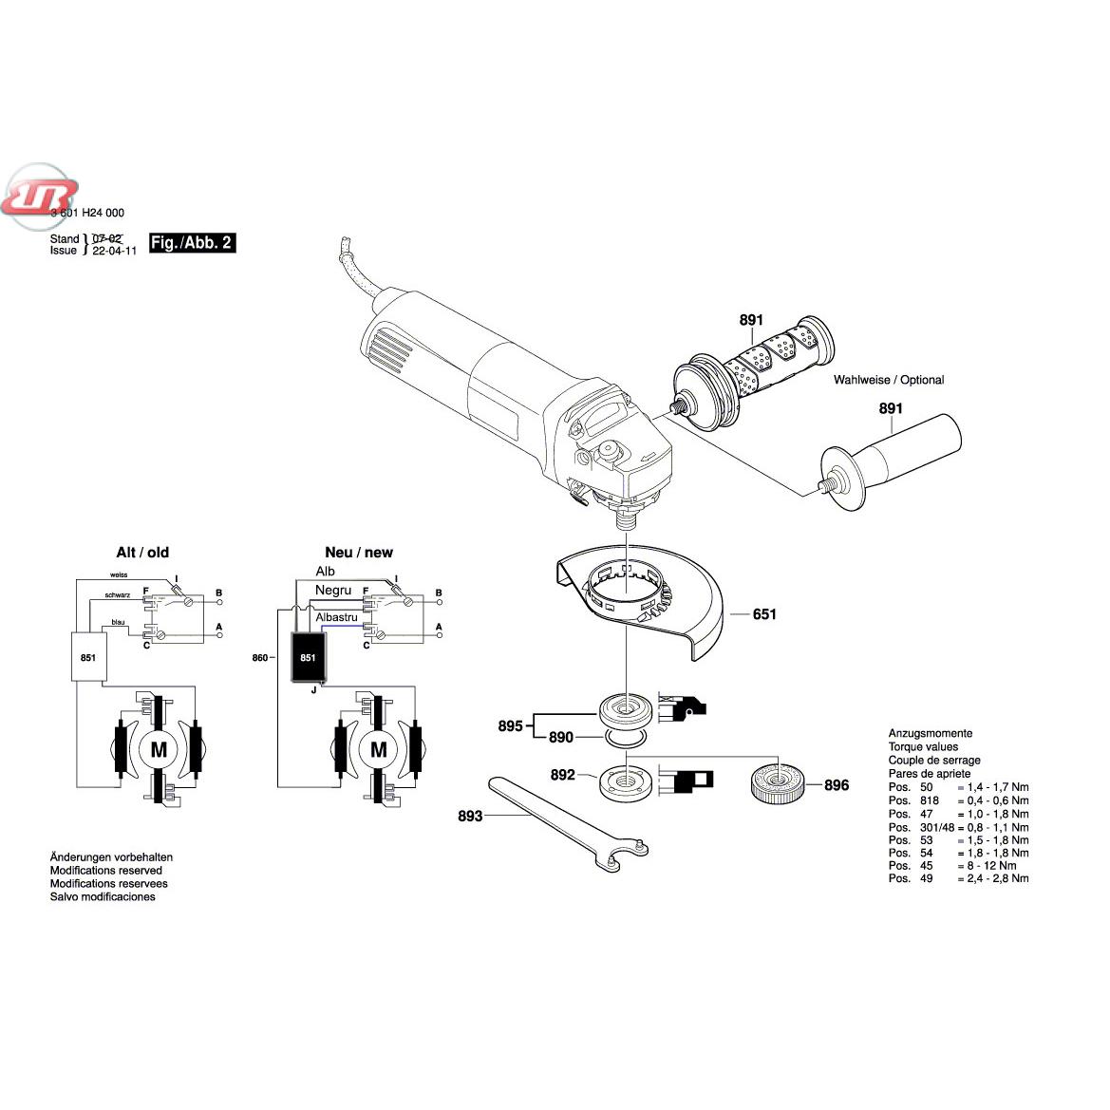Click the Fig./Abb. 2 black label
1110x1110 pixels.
pyautogui.click(x=192, y=243)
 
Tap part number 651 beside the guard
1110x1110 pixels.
pyautogui.click(x=764, y=614)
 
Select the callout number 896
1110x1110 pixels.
pyautogui.click(x=837, y=785)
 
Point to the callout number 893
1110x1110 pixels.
pyautogui.click(x=470, y=816)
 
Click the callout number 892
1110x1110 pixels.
pyautogui.click(x=563, y=776)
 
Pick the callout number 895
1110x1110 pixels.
pyautogui.click(x=511, y=726)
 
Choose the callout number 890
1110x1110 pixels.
pyautogui.click(x=561, y=738)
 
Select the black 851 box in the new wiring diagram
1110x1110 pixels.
pyautogui.click(x=308, y=658)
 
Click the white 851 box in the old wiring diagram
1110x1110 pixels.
pyautogui.click(x=87, y=657)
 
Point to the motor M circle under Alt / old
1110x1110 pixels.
pyautogui.click(x=159, y=750)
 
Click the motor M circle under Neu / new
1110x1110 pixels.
pyautogui.click(x=378, y=750)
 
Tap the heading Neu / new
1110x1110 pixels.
pyautogui.click(x=359, y=553)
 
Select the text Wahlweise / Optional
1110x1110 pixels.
pyautogui.click(x=889, y=380)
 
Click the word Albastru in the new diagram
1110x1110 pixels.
pyautogui.click(x=337, y=617)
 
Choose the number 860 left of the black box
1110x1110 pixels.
pyautogui.click(x=261, y=657)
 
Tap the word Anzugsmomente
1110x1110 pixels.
pyautogui.click(x=931, y=733)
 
